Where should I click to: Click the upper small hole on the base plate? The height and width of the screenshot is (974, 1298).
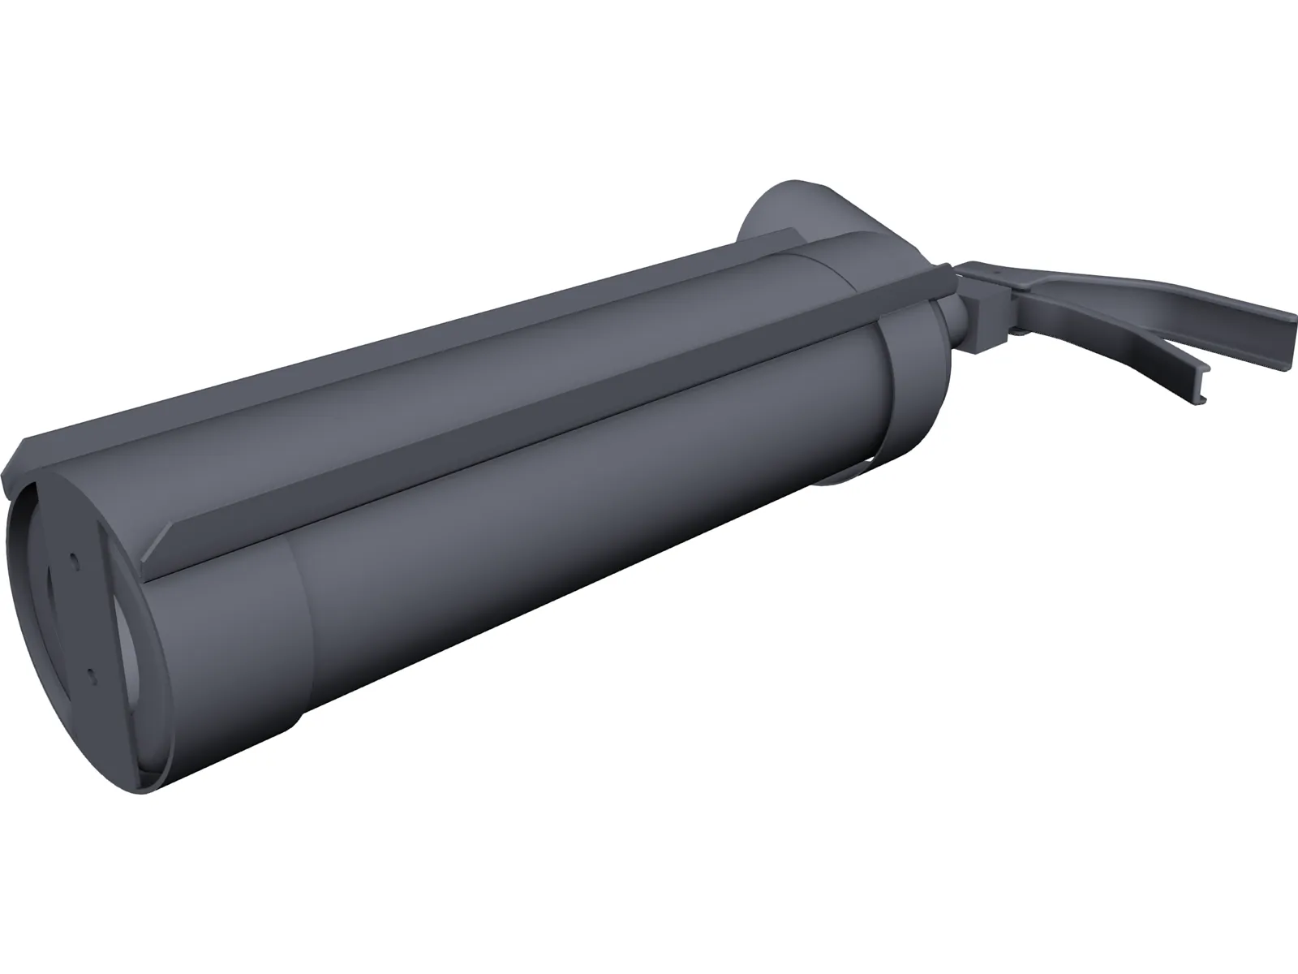pyautogui.click(x=74, y=560)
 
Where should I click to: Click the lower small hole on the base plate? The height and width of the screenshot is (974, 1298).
pyautogui.click(x=92, y=674)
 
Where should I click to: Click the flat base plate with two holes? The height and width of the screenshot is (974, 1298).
pyautogui.click(x=81, y=617)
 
